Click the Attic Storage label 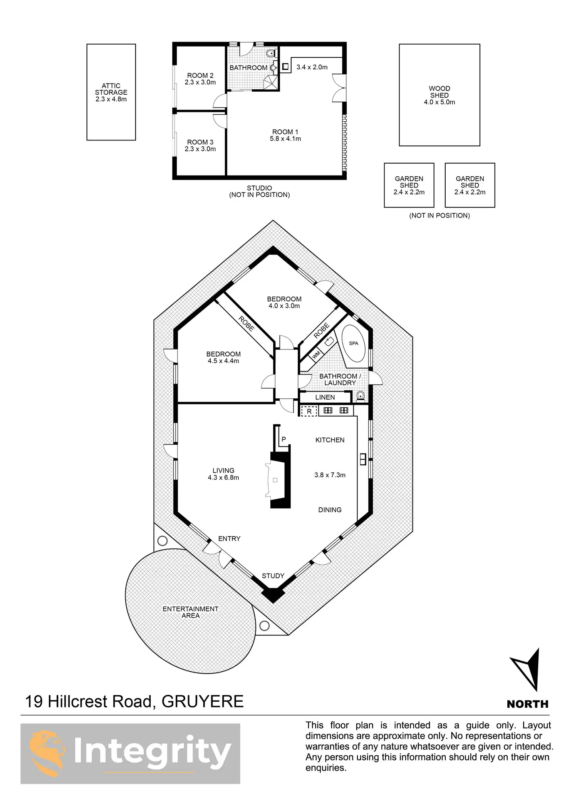(x=111, y=92)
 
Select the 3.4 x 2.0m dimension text (x=312, y=67)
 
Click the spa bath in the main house (x=354, y=343)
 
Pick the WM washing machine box (x=316, y=355)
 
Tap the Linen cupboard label (x=325, y=397)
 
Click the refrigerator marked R (x=309, y=411)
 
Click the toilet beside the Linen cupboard (x=361, y=395)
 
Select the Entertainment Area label (x=190, y=612)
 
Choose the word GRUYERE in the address (x=203, y=701)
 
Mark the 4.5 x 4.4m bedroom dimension (x=223, y=361)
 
